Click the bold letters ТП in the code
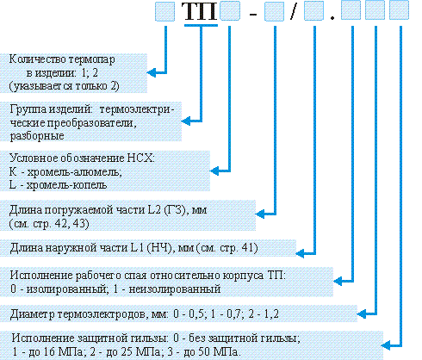coord(200,11)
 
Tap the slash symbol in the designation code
coord(293,11)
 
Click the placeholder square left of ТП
coord(164,11)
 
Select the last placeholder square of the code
coord(399,10)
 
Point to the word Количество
coord(38,59)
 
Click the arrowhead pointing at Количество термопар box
coord(152,72)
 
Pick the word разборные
coord(37,136)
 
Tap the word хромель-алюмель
coord(74,171)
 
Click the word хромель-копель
coord(66,185)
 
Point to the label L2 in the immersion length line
coord(154,210)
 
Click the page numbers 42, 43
coord(71,223)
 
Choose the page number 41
coord(248,247)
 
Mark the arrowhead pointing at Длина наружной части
coord(301,253)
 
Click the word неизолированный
coord(175,289)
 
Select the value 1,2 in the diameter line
coord(271,313)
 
